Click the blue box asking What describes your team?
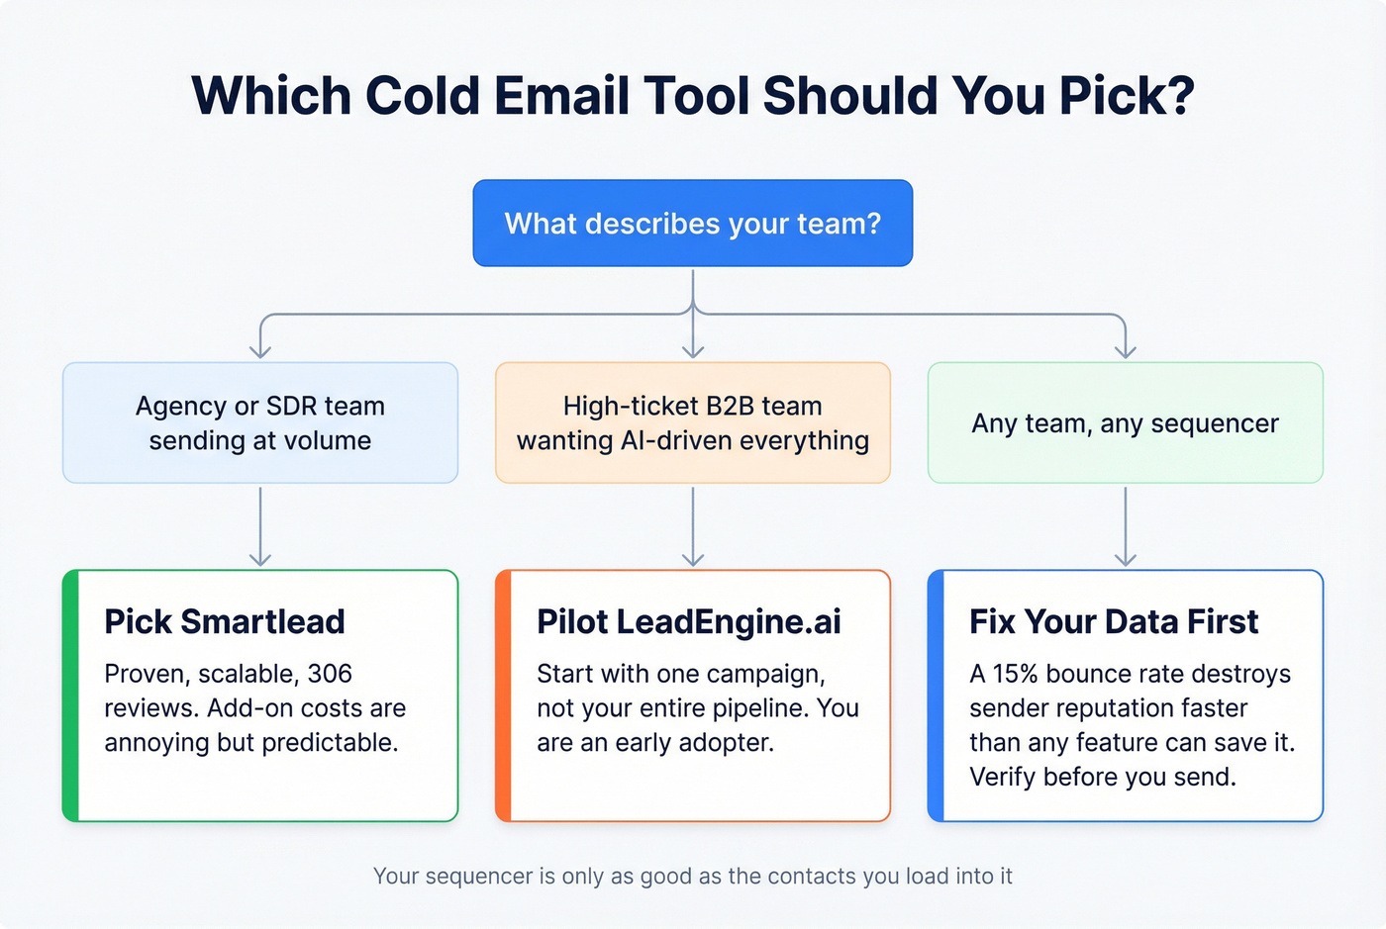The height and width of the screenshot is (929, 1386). [x=692, y=224]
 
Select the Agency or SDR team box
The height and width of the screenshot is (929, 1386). [x=260, y=422]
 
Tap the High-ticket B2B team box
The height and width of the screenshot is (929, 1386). [x=692, y=422]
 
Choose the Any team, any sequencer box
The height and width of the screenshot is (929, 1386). [x=1125, y=422]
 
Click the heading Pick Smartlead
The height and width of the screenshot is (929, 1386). [x=225, y=621]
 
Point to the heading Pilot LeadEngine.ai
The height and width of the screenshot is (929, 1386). [x=689, y=621]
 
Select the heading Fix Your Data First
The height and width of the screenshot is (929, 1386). [x=1114, y=621]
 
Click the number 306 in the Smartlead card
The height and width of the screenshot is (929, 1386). [x=330, y=674]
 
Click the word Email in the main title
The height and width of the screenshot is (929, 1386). [x=561, y=96]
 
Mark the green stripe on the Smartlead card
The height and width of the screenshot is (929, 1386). [x=70, y=696]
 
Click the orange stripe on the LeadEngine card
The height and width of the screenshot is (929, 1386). [x=503, y=696]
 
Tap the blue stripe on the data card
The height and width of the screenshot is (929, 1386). [x=936, y=696]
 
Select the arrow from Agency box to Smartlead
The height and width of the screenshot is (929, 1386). [x=260, y=526]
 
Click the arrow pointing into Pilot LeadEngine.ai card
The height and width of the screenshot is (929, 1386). [x=693, y=526]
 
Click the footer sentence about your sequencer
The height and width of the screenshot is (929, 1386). [x=692, y=877]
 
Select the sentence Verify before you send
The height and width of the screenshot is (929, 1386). [x=1103, y=778]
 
